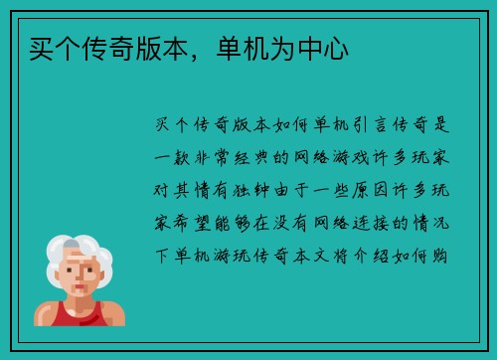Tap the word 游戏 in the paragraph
click(x=368, y=159)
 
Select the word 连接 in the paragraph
click(x=368, y=224)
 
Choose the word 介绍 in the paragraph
click(x=379, y=257)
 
